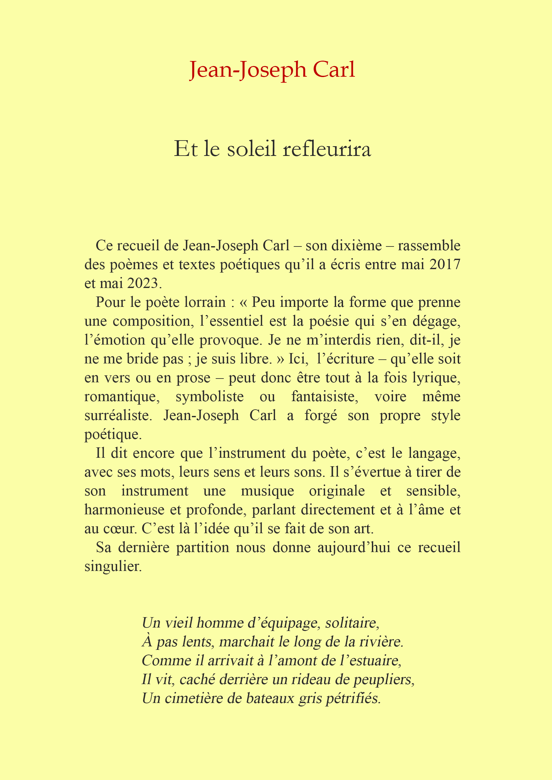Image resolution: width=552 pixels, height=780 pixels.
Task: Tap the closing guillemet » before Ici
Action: click(280, 359)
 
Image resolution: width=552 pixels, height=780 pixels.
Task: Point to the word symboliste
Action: click(210, 397)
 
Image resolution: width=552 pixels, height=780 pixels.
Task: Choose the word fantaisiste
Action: click(324, 397)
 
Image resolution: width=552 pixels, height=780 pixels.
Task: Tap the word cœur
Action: click(121, 528)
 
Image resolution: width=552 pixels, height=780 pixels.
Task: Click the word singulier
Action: click(113, 566)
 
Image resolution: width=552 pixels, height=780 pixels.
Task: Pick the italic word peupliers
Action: click(384, 679)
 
